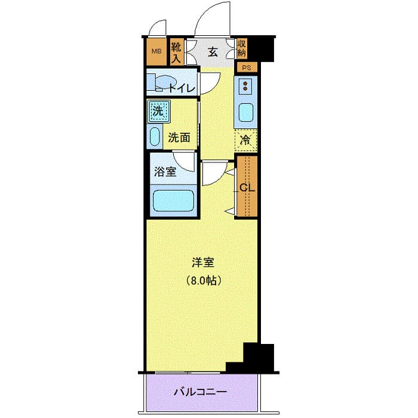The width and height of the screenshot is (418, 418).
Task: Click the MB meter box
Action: click(156, 51)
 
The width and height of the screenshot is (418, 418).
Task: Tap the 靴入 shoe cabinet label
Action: click(176, 51)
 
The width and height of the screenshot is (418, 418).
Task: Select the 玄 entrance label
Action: click(213, 51)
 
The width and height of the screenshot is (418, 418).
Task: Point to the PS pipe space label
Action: click(246, 67)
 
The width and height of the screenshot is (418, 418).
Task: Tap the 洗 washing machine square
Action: click(158, 110)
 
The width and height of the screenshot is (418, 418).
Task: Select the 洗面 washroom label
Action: click(179, 137)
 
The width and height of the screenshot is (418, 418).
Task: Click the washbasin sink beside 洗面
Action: click(154, 137)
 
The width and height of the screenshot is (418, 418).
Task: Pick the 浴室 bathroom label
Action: click(165, 172)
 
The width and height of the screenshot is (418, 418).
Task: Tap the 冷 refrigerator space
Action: click(246, 141)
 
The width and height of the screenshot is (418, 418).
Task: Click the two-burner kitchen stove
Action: click(245, 87)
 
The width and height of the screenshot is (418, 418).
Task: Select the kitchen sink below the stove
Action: click(245, 112)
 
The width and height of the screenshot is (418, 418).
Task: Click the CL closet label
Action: click(247, 187)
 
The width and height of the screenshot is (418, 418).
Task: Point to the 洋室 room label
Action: click(202, 262)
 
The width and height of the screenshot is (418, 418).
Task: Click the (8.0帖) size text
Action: click(202, 279)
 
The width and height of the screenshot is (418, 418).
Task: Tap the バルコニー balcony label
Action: click(201, 392)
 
